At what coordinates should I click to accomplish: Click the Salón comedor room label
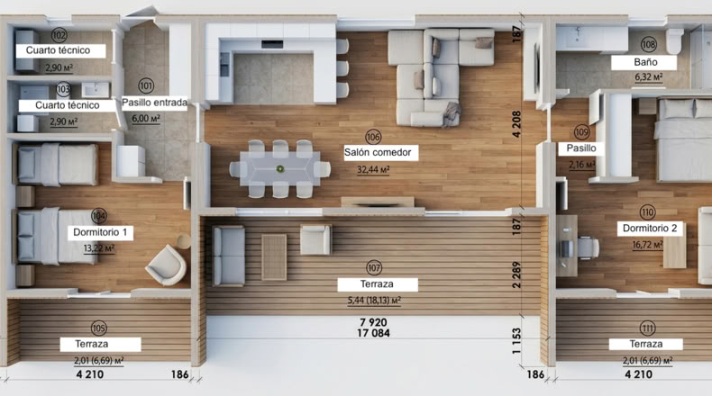click(x=378, y=152)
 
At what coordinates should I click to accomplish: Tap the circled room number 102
click(x=59, y=35)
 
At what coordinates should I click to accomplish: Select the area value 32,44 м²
click(x=373, y=170)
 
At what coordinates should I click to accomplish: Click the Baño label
click(x=645, y=62)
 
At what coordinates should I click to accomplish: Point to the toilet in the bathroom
click(x=675, y=40)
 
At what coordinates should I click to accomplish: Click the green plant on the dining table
click(x=280, y=169)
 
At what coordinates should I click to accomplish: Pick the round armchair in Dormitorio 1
click(x=166, y=265)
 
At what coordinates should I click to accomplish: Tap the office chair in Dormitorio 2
click(x=586, y=247)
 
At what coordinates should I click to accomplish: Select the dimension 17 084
click(x=373, y=333)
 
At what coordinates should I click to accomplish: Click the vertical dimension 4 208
click(x=516, y=124)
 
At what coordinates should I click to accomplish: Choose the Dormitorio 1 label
click(x=100, y=233)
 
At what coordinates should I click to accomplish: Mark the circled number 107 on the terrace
click(x=374, y=267)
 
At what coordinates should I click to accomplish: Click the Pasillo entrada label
click(x=154, y=103)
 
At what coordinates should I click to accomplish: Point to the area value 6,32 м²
click(x=648, y=77)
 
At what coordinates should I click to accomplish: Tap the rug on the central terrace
click(x=274, y=256)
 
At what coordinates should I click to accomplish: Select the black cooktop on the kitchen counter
click(x=272, y=44)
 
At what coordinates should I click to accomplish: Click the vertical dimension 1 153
click(x=516, y=341)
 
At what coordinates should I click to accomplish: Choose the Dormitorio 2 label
click(x=650, y=229)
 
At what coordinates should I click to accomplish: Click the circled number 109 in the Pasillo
click(x=581, y=132)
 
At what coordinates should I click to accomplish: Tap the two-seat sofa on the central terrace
click(x=228, y=256)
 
